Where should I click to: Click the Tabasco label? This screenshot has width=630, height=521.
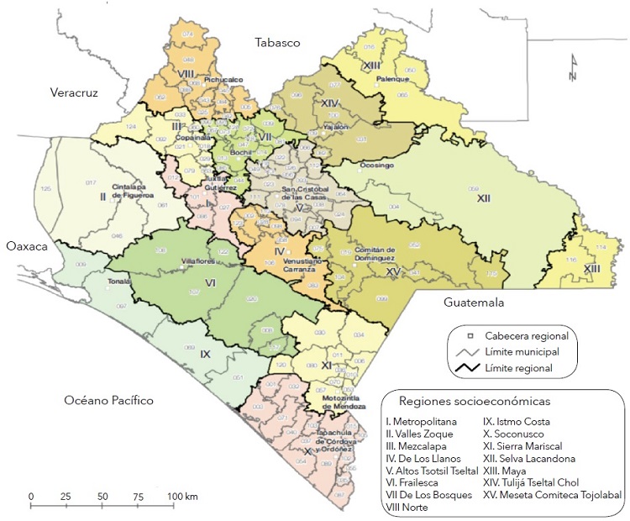coord(279,43)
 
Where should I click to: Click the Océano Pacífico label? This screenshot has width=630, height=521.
coord(109,401)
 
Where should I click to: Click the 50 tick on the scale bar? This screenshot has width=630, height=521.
coord(102,487)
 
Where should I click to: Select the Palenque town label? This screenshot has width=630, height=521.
coord(392,79)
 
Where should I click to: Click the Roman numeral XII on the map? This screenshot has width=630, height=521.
coord(483,199)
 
